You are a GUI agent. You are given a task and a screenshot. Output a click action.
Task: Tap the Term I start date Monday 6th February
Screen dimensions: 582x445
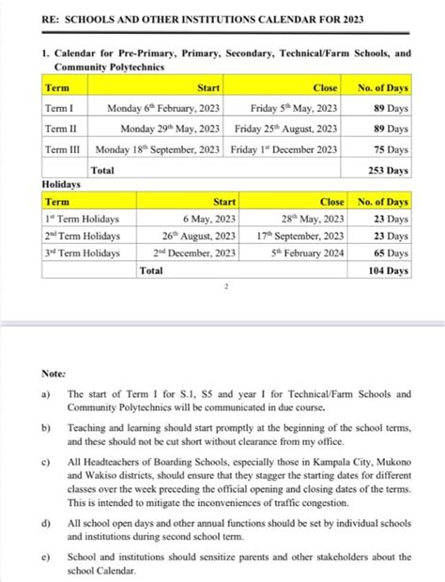click(x=163, y=108)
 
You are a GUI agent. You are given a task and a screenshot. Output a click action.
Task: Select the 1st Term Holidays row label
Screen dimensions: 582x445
click(x=83, y=218)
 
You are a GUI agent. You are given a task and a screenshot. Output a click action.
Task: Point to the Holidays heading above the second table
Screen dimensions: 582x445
click(x=62, y=185)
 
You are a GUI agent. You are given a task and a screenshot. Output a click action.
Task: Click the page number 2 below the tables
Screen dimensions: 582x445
click(x=226, y=288)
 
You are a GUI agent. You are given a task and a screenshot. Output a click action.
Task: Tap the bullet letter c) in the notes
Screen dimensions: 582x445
click(x=46, y=463)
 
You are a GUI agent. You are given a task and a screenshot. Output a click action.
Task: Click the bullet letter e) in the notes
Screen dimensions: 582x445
click(x=46, y=557)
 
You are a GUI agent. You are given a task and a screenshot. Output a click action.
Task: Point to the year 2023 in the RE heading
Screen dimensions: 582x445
click(x=346, y=20)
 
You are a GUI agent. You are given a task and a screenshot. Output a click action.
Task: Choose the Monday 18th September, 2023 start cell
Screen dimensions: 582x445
click(x=158, y=149)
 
